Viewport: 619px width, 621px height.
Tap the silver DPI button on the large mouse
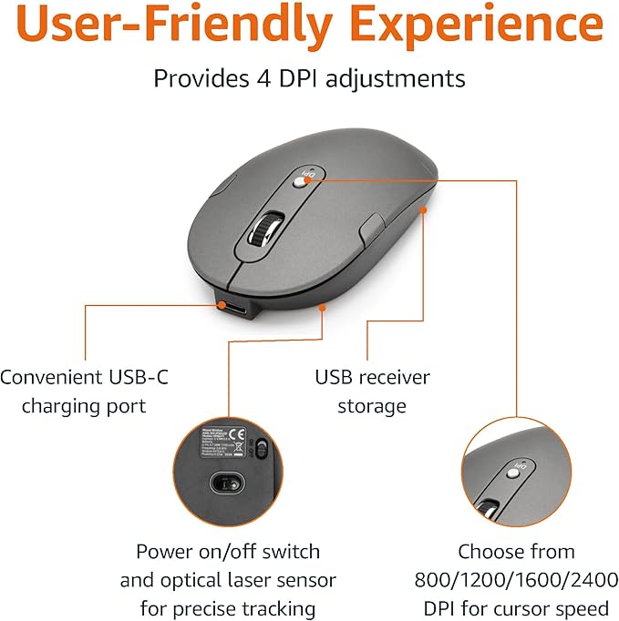pyautogui.click(x=304, y=180)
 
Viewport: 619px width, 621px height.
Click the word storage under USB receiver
pyautogui.click(x=372, y=406)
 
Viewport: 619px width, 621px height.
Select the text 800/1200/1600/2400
pyautogui.click(x=517, y=580)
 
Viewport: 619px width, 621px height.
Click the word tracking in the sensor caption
pyautogui.click(x=273, y=608)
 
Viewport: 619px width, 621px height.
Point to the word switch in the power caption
pyautogui.click(x=290, y=551)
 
